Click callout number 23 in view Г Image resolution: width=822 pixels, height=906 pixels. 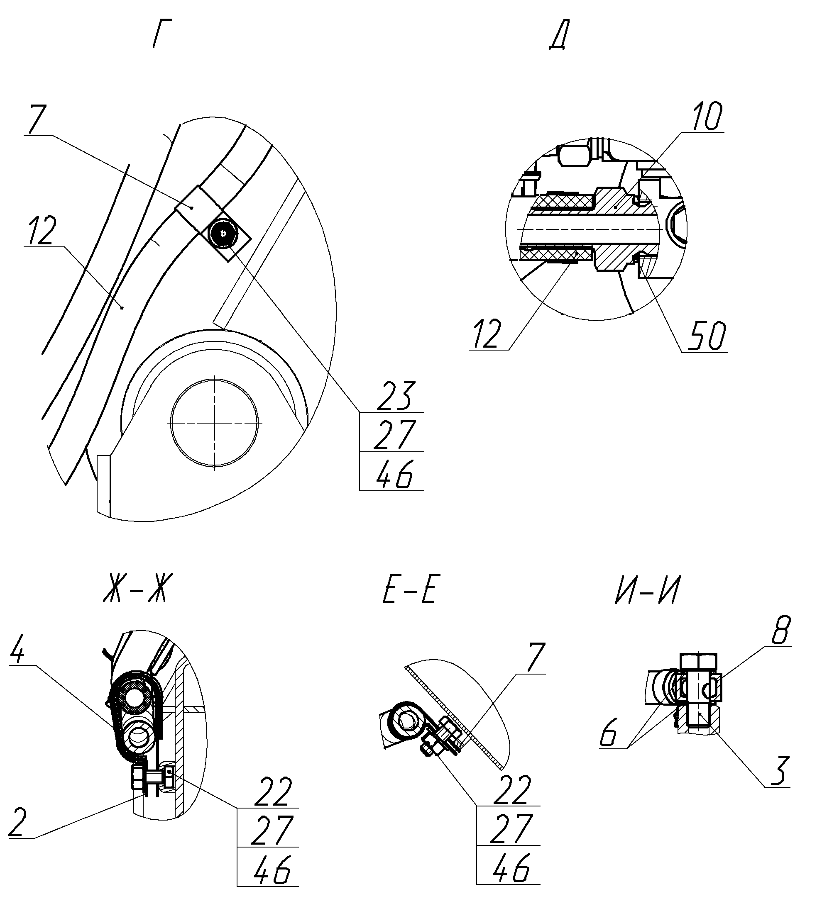[x=395, y=396]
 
